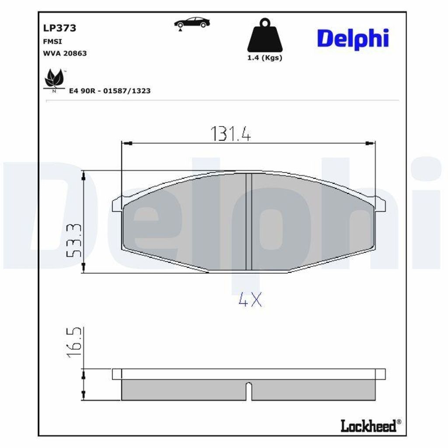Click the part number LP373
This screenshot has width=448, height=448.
click(59, 28)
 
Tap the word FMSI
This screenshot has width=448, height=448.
click(52, 42)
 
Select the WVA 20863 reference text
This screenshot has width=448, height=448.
click(65, 53)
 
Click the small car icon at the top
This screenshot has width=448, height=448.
click(192, 24)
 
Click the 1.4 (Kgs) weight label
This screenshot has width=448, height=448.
click(265, 58)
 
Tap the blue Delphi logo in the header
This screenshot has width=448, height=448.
click(353, 39)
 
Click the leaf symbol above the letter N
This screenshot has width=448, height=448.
click(54, 78)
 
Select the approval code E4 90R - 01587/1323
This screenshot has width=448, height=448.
click(110, 91)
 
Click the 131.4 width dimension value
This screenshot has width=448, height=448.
click(231, 134)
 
